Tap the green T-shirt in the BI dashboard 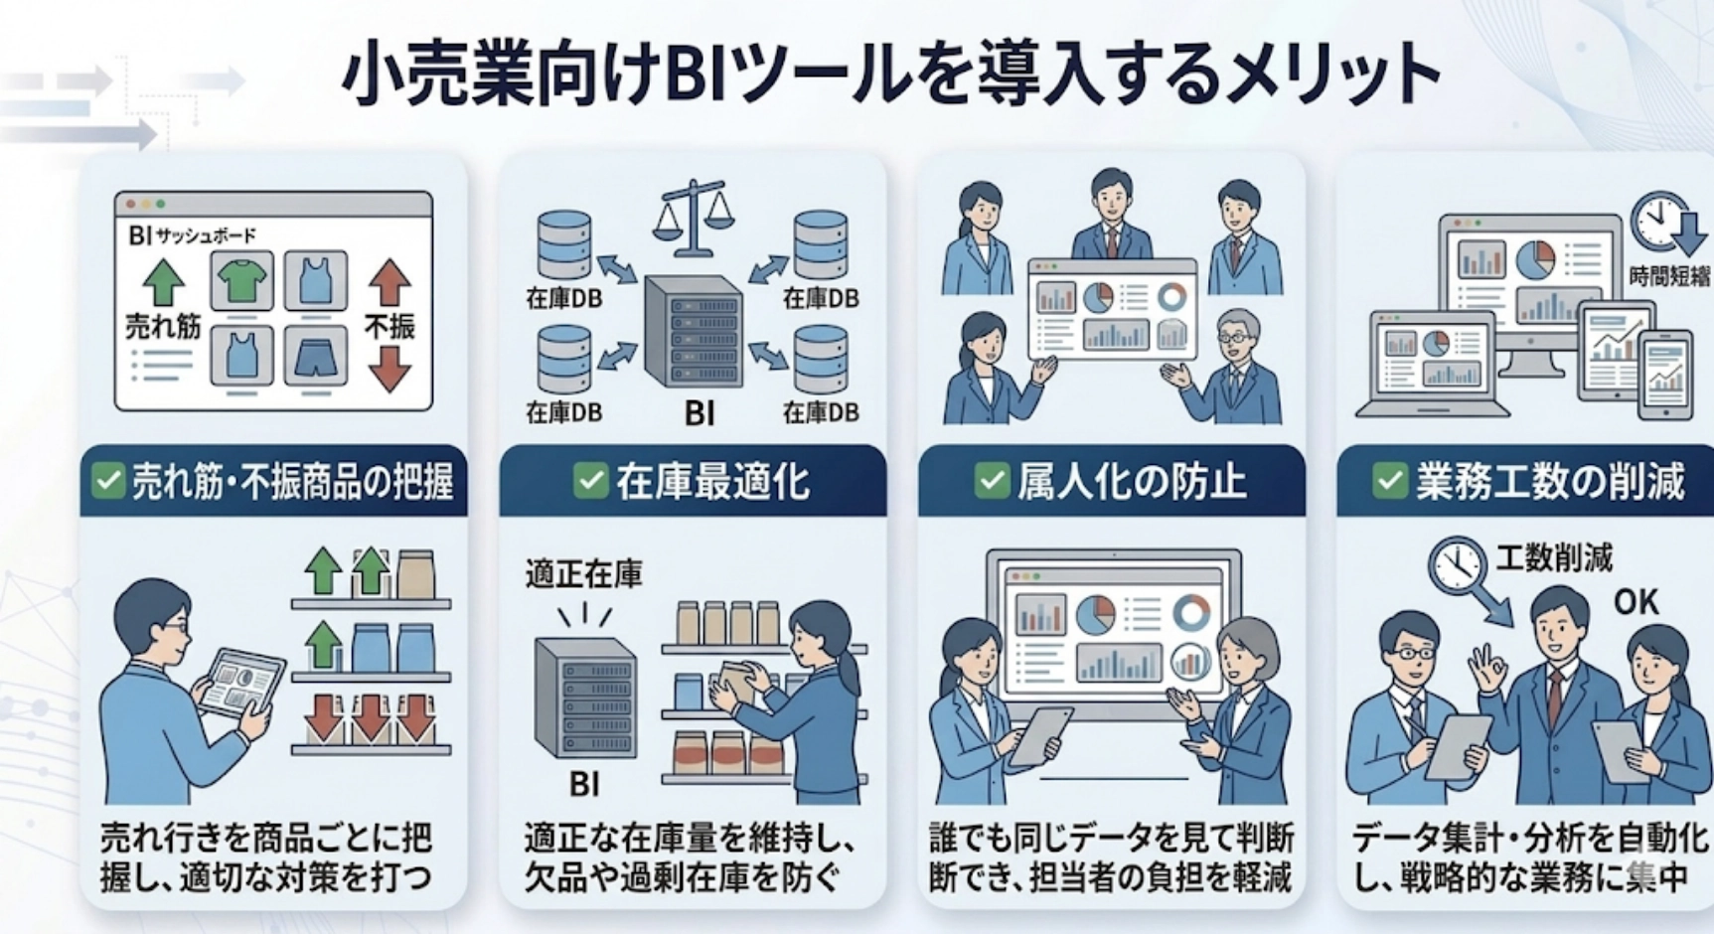tap(241, 281)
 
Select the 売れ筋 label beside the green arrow tap(163, 326)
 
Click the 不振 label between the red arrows tap(390, 326)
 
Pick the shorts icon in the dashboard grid tap(316, 356)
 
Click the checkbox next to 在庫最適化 tap(590, 481)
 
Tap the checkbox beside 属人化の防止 tap(991, 481)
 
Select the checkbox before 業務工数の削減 tap(1390, 481)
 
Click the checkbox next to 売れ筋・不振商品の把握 tap(107, 481)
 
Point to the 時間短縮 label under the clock tap(1669, 276)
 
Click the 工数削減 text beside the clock tap(1554, 557)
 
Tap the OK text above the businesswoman tap(1636, 602)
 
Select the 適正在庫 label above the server tap(583, 574)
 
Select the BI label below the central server tap(700, 412)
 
